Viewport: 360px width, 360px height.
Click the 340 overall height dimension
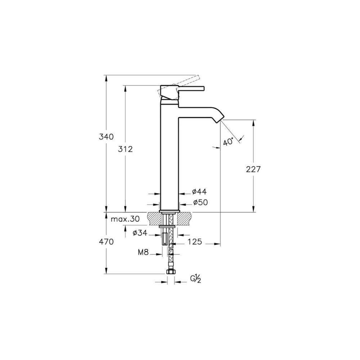click(106, 137)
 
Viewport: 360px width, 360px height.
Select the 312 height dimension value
click(125, 149)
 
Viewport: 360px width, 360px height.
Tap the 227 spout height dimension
click(253, 169)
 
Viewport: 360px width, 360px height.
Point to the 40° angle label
click(228, 141)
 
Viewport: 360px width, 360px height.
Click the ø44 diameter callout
click(199, 192)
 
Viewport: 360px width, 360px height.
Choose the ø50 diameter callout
click(200, 202)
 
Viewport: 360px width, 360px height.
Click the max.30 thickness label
click(125, 219)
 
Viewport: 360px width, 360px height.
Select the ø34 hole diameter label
click(140, 233)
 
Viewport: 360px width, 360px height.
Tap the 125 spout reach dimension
click(195, 242)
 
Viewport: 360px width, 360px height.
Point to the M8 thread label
click(143, 252)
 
